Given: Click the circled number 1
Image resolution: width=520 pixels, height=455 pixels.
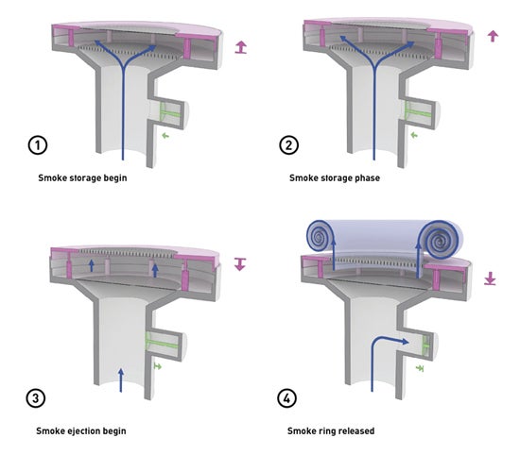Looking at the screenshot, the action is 38,145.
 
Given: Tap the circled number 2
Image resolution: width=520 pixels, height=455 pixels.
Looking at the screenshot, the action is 288,145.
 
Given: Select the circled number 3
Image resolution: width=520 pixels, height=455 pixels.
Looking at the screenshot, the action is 36,397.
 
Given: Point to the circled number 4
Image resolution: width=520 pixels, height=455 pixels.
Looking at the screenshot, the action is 286,397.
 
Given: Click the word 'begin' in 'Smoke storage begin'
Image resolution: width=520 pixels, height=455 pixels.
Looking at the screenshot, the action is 115,178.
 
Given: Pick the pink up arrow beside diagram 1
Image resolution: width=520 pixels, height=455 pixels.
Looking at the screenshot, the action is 241,47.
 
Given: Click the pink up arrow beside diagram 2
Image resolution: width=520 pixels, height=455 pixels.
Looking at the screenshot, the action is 493,36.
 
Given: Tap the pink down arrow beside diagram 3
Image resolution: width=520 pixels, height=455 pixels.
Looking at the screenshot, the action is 240,264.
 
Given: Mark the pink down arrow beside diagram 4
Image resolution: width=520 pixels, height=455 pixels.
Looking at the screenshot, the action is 490,278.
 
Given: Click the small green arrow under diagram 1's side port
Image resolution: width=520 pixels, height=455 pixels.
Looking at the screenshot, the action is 165,135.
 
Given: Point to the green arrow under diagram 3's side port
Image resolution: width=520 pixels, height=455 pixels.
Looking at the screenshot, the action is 158,366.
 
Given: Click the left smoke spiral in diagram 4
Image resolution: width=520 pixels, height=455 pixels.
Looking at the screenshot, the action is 319,236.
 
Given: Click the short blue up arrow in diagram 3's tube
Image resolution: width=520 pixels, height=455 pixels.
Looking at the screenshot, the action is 121,379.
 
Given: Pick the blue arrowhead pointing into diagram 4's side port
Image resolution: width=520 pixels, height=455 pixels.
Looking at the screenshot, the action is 405,342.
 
